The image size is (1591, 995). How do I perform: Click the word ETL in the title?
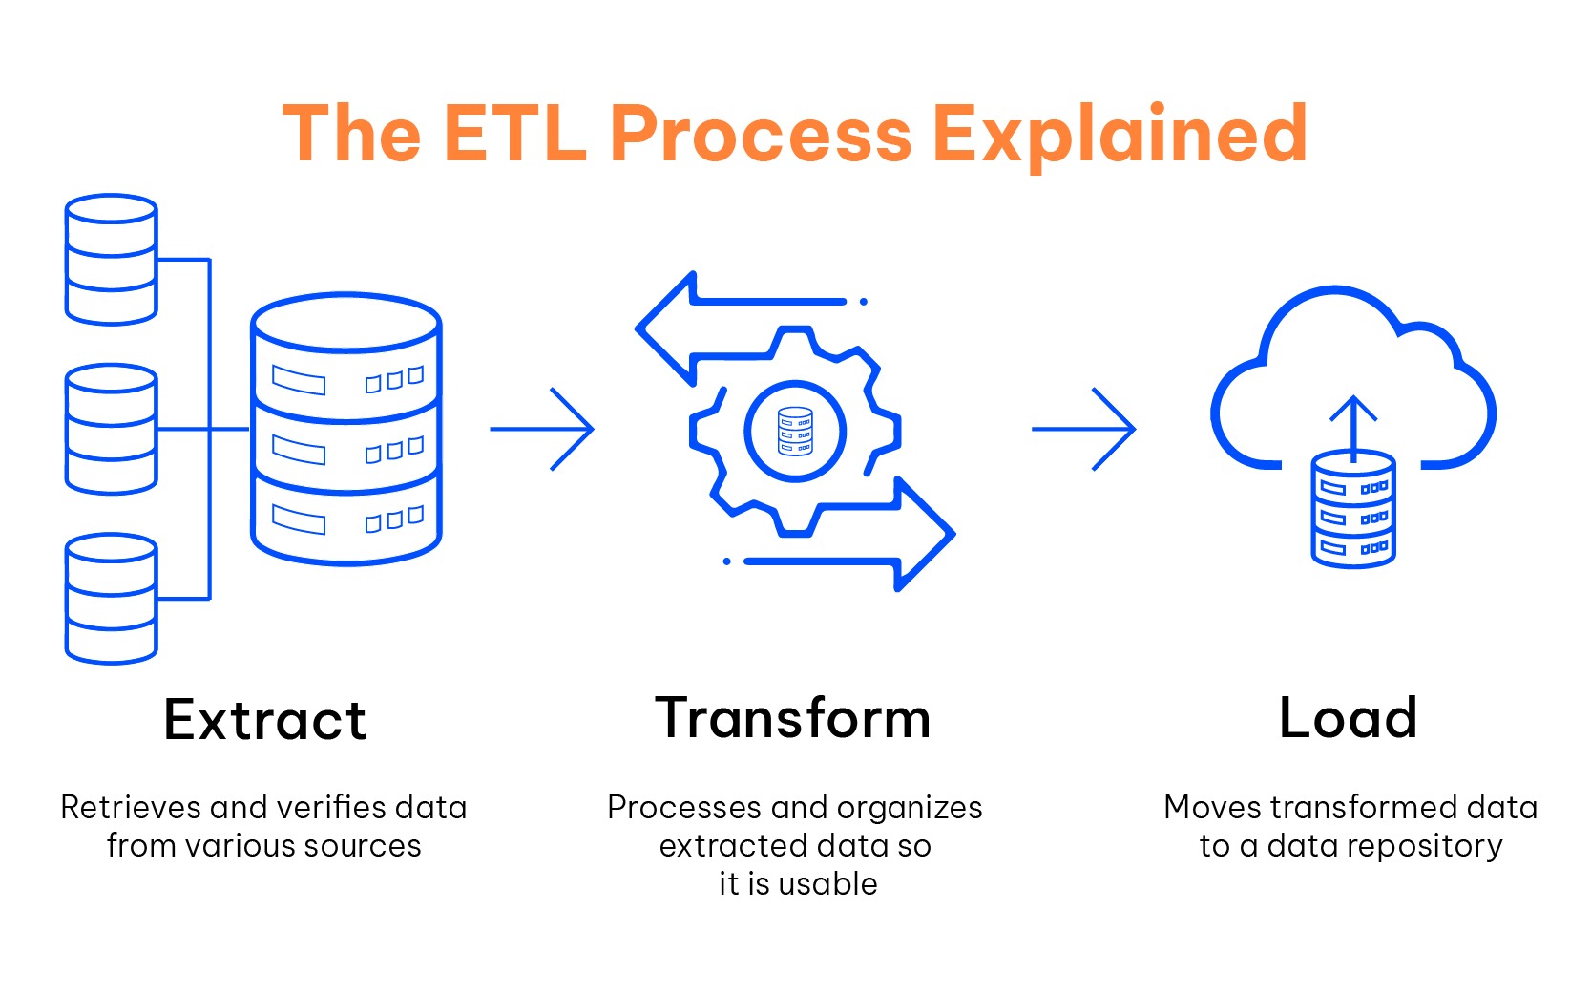(514, 134)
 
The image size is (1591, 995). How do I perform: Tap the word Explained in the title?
(1119, 134)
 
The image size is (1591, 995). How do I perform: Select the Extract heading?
(264, 720)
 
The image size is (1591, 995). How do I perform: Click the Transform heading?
(793, 718)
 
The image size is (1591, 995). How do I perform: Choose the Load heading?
(1348, 718)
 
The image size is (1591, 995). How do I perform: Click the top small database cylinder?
(111, 260)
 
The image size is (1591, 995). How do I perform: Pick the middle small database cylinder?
(111, 429)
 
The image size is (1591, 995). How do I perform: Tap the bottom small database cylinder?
(111, 599)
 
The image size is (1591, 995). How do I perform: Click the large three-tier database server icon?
(345, 429)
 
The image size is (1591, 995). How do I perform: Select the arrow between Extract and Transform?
(542, 429)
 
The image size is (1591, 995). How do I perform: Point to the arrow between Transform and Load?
(1084, 429)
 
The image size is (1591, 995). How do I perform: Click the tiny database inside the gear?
(795, 431)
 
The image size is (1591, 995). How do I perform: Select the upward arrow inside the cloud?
(1353, 425)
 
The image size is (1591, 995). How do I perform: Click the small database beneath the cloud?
(1353, 511)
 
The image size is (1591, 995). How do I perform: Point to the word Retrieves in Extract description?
(130, 808)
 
